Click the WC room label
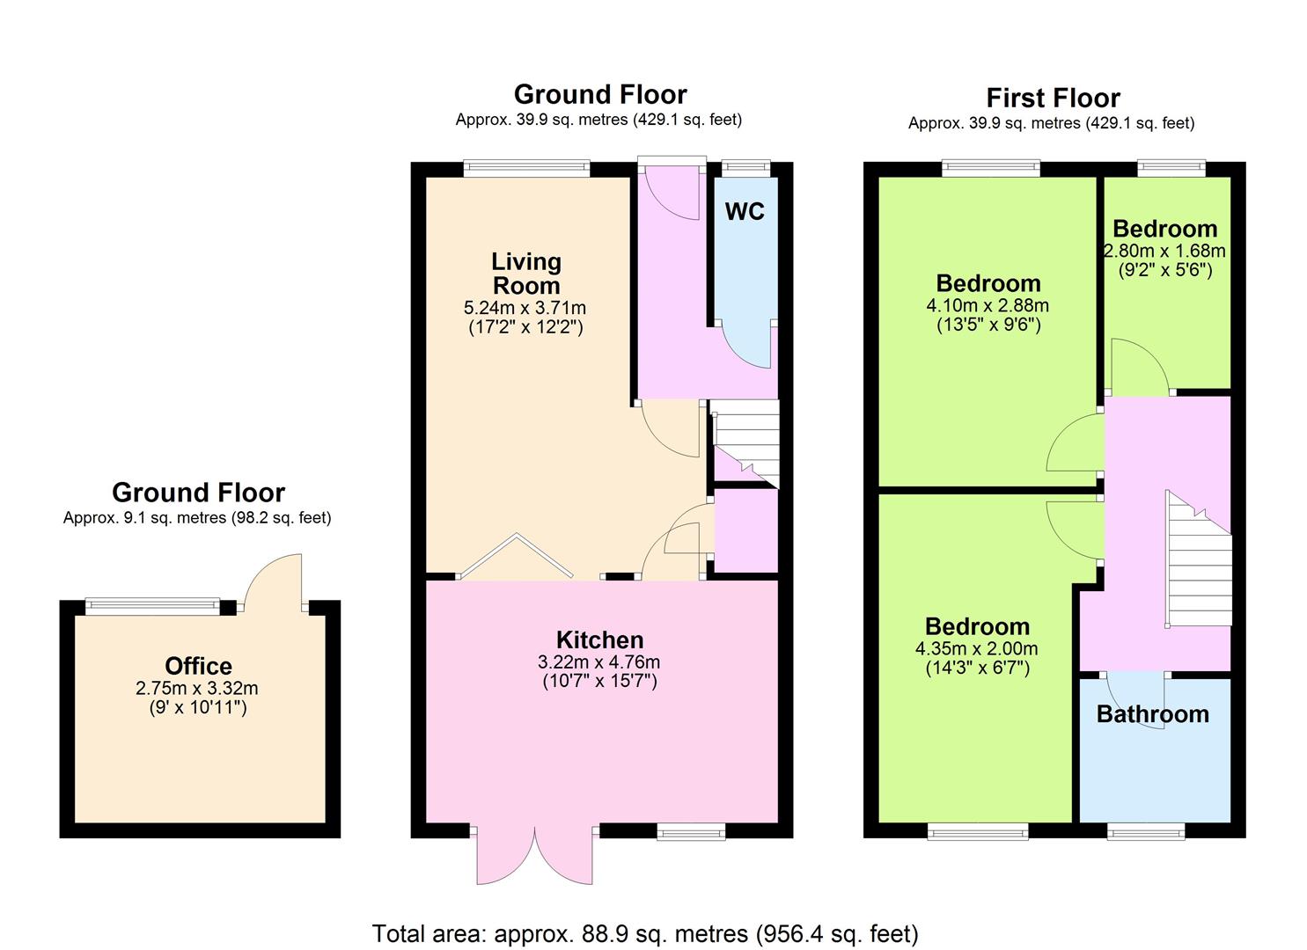(x=745, y=211)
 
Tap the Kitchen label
(x=599, y=639)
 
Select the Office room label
(x=198, y=665)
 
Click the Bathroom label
(x=1152, y=713)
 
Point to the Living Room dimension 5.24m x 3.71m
(x=525, y=307)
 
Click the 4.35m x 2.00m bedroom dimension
(x=977, y=648)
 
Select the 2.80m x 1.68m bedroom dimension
(x=1164, y=251)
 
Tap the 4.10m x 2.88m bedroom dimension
(x=988, y=305)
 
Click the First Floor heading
(x=1054, y=98)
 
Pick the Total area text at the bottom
(x=645, y=933)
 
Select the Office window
(x=153, y=606)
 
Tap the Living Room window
(x=527, y=169)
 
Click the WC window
(x=745, y=168)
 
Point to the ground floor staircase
(x=745, y=443)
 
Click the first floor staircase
(x=1199, y=559)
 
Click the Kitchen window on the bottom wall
(x=691, y=831)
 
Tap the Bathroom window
(x=1146, y=831)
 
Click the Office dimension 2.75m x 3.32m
(x=196, y=688)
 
